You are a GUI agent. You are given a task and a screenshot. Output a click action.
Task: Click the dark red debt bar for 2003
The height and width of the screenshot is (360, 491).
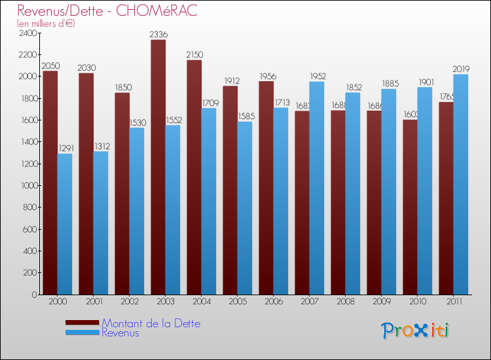click(158, 167)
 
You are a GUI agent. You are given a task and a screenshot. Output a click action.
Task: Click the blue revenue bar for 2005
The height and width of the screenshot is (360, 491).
click(245, 208)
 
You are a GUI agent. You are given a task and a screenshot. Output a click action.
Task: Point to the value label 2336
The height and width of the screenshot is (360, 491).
click(158, 34)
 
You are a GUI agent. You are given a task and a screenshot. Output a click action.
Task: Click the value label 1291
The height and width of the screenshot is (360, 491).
click(64, 149)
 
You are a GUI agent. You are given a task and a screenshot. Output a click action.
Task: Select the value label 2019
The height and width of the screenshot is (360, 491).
click(460, 69)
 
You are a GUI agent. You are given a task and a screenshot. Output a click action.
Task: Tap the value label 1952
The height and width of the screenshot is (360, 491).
click(316, 76)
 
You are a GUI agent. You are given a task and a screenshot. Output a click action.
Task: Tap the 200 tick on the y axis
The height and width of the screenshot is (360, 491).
click(30, 273)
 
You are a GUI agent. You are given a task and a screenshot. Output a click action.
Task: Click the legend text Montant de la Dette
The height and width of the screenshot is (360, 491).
click(151, 323)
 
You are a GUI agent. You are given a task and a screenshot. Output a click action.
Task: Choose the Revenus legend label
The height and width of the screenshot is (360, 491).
click(120, 333)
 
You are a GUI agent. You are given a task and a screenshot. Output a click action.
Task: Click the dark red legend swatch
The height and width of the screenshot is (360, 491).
click(82, 323)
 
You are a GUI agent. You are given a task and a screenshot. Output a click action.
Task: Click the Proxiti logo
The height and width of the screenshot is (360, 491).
click(416, 331)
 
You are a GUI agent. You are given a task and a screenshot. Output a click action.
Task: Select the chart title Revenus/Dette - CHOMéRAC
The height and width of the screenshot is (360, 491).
click(107, 11)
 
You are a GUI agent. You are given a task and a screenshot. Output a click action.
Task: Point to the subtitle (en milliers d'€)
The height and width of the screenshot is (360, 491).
click(46, 24)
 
